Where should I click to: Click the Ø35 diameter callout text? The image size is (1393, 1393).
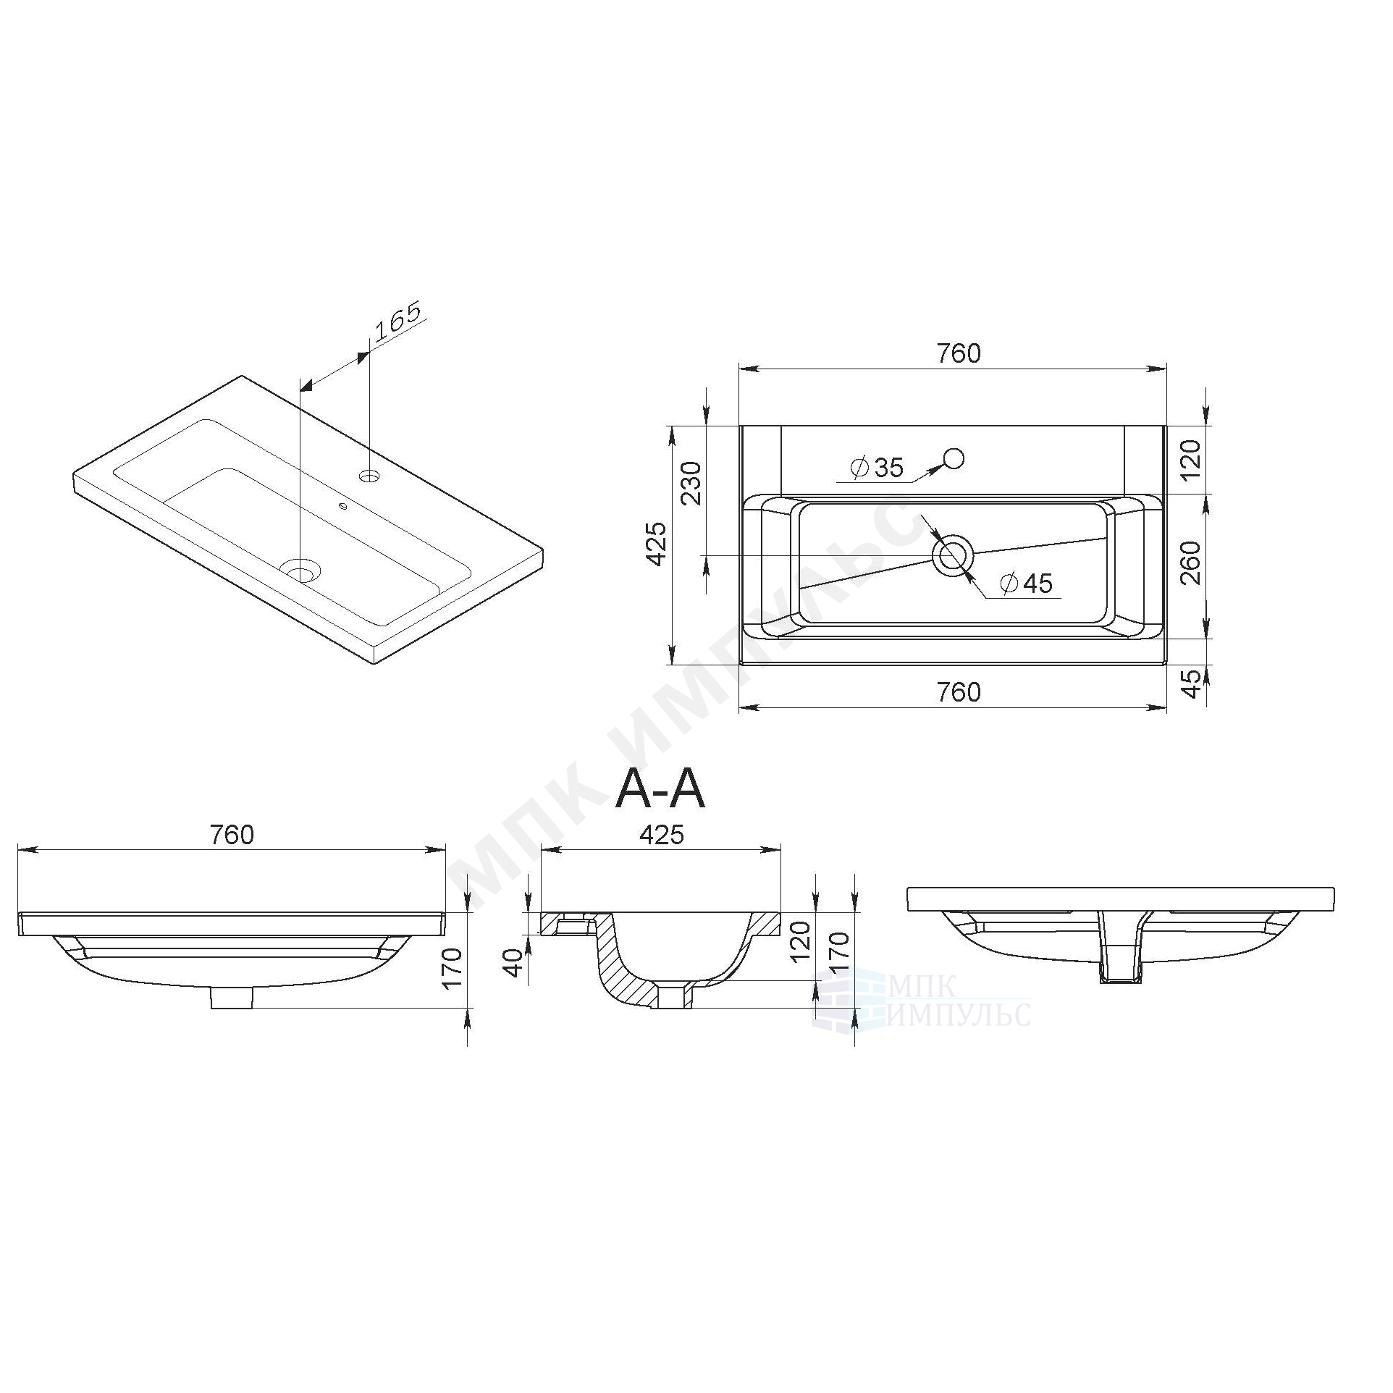point(878,468)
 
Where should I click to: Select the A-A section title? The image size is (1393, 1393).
point(660,790)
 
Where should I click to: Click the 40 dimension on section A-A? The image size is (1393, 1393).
point(514,964)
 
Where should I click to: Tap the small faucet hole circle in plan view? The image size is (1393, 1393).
point(954,458)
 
